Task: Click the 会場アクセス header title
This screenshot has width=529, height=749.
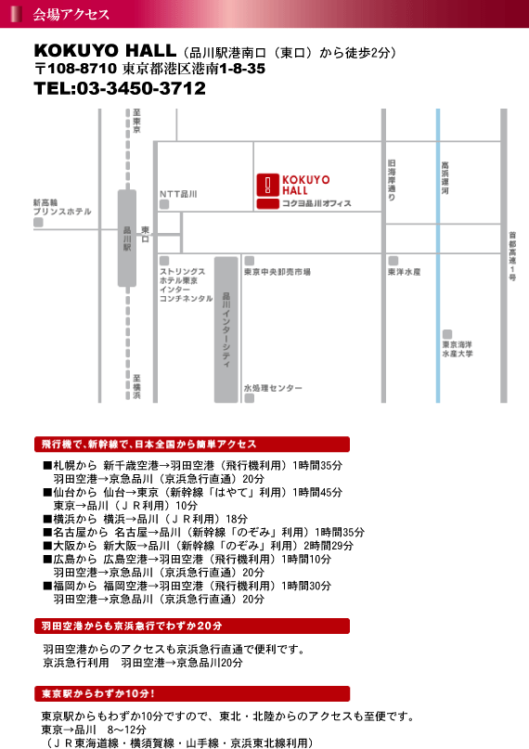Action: (71, 14)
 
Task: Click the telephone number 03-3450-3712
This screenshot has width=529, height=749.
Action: (141, 88)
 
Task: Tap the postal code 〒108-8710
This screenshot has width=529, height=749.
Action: (75, 69)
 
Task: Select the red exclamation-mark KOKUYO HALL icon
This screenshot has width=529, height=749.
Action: (268, 185)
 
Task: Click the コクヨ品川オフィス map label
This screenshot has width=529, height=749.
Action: (316, 203)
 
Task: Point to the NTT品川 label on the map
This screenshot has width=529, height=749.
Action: (178, 194)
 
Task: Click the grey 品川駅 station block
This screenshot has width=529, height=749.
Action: (127, 238)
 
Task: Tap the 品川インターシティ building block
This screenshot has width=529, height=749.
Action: (226, 329)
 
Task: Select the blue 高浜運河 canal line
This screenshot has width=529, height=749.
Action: (438, 255)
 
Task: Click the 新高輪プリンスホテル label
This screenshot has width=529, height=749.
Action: (62, 207)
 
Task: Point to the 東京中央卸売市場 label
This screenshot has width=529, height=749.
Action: (277, 272)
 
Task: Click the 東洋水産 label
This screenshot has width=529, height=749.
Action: (405, 272)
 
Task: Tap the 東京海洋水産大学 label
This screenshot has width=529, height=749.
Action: (458, 349)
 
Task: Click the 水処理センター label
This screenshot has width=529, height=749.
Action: (273, 388)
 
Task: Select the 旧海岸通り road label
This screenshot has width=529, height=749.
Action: (392, 180)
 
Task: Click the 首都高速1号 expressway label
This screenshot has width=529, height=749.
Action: (512, 256)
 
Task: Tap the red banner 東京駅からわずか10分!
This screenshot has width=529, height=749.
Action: (192, 693)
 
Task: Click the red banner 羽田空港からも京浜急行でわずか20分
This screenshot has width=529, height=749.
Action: (192, 626)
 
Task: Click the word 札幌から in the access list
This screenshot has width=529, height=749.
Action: (75, 465)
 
